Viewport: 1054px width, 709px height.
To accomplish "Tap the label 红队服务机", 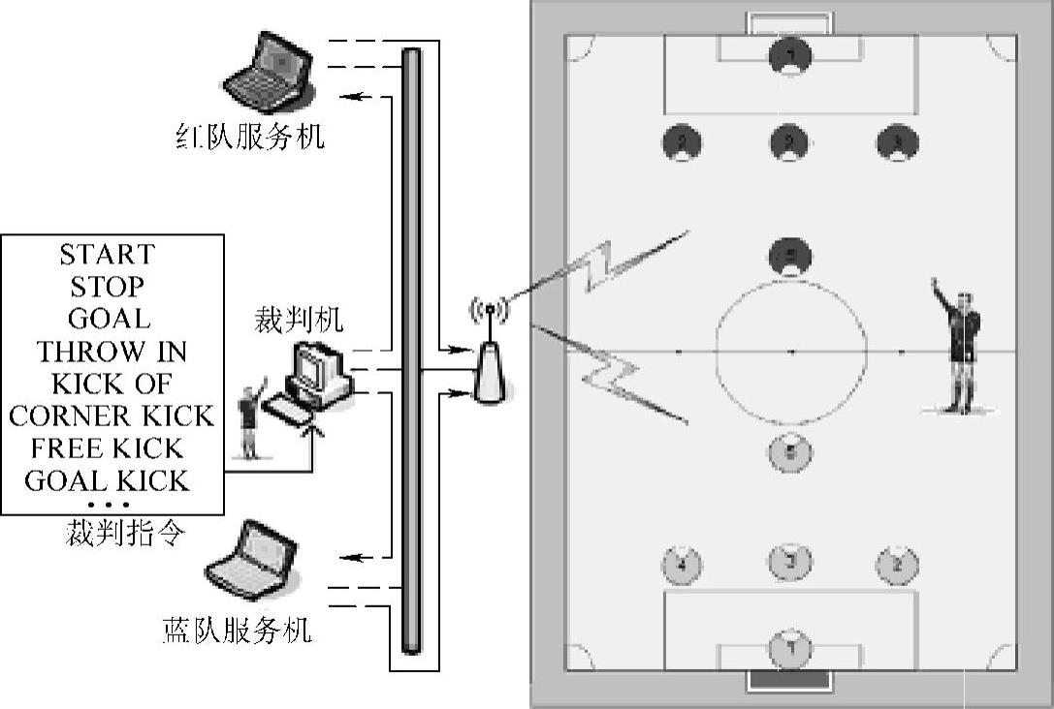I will click(x=249, y=136).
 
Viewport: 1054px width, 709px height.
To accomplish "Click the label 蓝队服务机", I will click(x=237, y=631).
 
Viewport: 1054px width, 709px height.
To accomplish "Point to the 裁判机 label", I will click(x=299, y=320).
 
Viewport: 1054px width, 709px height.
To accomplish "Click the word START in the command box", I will click(x=108, y=255).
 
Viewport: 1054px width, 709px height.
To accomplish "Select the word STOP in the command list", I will click(x=108, y=287).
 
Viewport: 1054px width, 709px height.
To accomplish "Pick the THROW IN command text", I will click(x=112, y=351).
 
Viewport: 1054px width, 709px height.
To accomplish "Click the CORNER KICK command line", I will click(x=112, y=416).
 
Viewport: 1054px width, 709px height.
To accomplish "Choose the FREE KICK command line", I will click(x=108, y=448).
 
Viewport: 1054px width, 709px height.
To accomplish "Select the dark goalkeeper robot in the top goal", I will click(x=790, y=55).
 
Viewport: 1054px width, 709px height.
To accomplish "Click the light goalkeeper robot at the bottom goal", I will click(x=790, y=647).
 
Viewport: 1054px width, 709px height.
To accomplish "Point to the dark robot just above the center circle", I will click(x=790, y=257).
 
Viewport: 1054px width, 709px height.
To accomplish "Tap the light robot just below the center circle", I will click(x=790, y=451).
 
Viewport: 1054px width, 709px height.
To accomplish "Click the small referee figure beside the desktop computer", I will click(x=250, y=421).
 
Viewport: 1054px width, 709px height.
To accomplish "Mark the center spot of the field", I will click(x=791, y=352).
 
